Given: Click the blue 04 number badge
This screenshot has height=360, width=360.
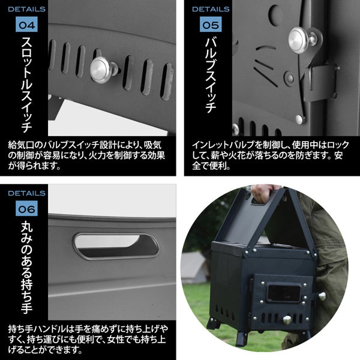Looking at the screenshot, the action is [x=26, y=25].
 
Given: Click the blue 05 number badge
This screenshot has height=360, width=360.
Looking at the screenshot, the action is [x=211, y=25].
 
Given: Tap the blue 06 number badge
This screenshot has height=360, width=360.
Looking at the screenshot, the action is [x=26, y=208].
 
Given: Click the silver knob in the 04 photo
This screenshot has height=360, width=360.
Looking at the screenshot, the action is [x=103, y=70].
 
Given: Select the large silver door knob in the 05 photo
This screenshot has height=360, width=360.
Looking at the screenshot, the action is [x=302, y=40].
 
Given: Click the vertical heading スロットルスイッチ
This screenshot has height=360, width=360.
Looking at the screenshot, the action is [x=26, y=84].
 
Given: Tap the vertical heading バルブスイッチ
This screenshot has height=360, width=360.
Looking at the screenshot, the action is [x=211, y=74].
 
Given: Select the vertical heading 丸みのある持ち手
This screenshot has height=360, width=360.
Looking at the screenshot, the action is [x=26, y=267].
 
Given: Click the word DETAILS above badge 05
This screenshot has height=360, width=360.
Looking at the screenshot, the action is [x=211, y=9].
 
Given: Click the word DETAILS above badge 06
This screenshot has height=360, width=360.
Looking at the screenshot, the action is [x=26, y=193].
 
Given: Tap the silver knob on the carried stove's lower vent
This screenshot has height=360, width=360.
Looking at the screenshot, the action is [x=287, y=319].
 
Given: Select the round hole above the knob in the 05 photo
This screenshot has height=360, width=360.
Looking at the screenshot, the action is [x=275, y=14].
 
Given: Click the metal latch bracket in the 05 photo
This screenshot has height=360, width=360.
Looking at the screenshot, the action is [x=321, y=83].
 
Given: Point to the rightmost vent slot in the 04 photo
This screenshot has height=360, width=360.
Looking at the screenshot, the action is [x=167, y=82].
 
